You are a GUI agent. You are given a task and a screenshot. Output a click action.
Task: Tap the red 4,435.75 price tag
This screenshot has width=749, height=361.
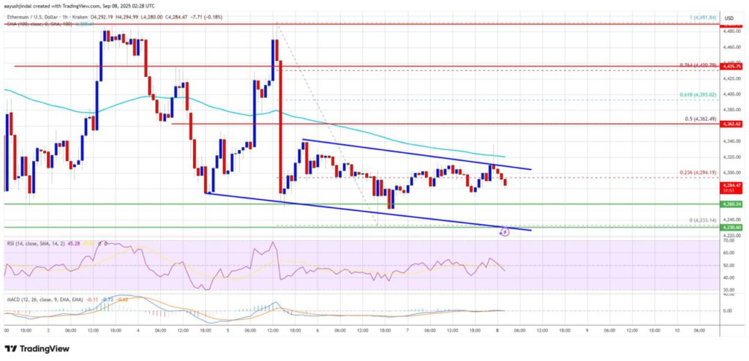[732, 67]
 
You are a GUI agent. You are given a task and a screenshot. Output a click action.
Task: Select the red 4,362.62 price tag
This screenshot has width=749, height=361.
[732, 124]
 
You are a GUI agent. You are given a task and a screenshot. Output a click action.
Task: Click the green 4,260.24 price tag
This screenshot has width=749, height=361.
[732, 204]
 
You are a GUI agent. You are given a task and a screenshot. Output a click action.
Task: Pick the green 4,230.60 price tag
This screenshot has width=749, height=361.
[732, 227]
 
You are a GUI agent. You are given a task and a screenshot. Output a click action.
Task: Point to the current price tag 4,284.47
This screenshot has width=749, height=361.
[732, 187]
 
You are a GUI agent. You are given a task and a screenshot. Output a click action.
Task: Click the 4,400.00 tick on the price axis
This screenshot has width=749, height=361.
[731, 94]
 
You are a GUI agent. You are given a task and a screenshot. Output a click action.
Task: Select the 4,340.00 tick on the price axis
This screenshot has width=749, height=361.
[731, 141]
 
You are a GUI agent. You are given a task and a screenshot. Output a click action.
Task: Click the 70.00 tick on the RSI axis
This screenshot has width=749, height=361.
[730, 240]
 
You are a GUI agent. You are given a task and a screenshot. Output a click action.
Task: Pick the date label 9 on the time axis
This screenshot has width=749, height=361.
[587, 330]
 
